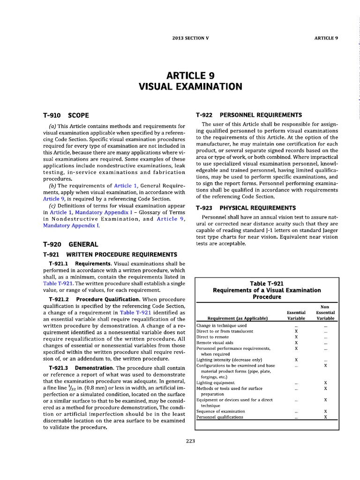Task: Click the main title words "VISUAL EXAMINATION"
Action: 190,87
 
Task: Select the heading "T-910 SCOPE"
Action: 66,115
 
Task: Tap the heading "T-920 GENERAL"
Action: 70,244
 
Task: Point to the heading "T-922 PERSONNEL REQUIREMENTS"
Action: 248,115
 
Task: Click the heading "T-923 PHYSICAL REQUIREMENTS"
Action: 246,208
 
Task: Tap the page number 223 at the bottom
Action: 190,441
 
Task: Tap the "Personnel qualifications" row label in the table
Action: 220,417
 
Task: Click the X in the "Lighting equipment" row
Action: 325,383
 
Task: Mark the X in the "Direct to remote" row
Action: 296,337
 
